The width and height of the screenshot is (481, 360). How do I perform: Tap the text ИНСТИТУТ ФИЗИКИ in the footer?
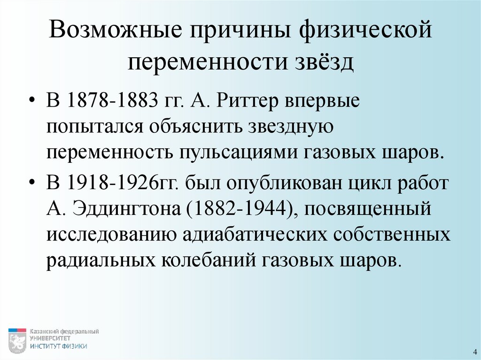click(59, 346)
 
